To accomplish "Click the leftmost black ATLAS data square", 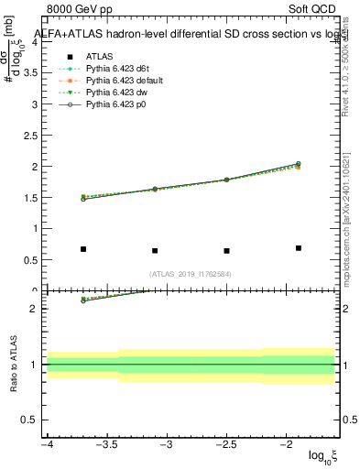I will click(x=83, y=249).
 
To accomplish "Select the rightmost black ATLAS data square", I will click(x=299, y=248).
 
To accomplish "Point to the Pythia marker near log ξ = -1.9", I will click(x=299, y=165).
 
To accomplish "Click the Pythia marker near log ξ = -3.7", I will click(x=83, y=198).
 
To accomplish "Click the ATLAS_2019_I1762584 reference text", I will click(x=191, y=273).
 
